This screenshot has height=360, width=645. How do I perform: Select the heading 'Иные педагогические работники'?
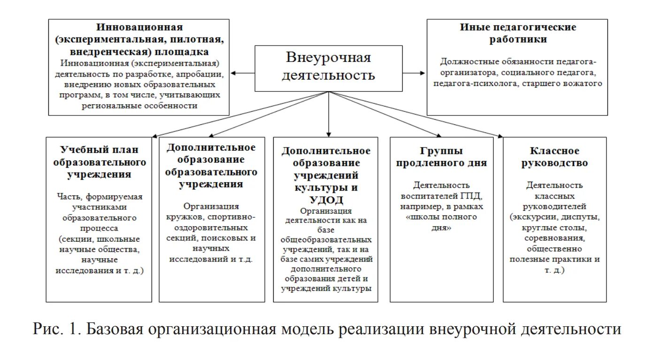click(518, 33)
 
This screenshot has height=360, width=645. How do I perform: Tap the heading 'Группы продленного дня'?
click(441, 157)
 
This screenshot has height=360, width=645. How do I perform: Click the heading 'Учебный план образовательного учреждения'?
click(99, 162)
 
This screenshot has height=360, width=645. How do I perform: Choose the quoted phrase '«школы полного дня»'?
click(441, 222)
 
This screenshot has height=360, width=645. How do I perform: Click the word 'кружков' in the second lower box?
click(185, 217)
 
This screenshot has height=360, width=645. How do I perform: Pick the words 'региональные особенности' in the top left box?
click(139, 106)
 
